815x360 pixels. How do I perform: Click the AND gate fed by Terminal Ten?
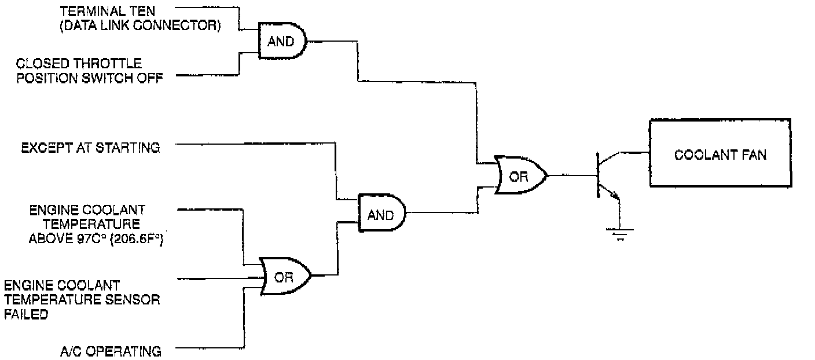tap(281, 42)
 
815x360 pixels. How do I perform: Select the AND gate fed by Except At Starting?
tap(381, 214)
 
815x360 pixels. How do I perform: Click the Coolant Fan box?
tap(720, 153)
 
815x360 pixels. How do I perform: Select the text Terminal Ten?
tap(109, 11)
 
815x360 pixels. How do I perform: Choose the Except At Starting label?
tap(90, 148)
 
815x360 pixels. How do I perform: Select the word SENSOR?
tap(134, 300)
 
